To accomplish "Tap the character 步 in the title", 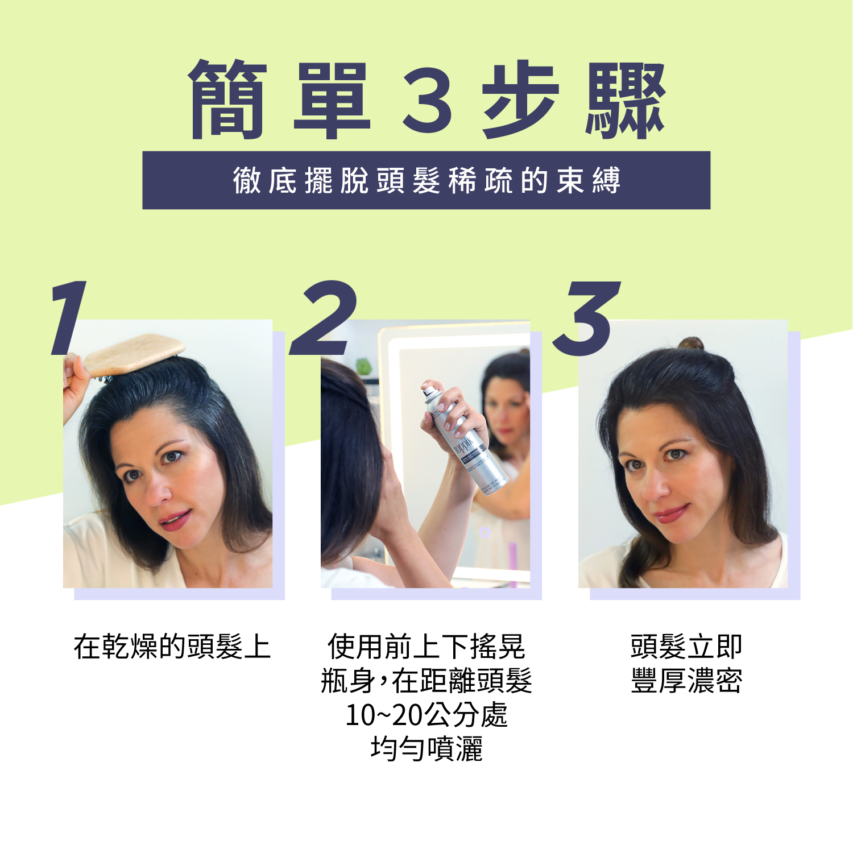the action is coord(520,100).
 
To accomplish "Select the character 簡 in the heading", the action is coord(227,100).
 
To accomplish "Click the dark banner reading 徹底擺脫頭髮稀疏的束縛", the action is coord(426,180).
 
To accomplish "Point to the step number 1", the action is coord(68,317).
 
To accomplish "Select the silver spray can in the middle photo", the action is coord(463,438).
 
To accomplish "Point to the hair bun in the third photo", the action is coord(690,343).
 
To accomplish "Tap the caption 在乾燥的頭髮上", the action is coord(172,647).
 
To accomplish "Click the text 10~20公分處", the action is coord(426,715).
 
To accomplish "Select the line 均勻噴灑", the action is coord(426,748).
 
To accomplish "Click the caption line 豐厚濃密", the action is coord(686,681).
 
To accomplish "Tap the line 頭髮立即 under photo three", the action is coord(686,647).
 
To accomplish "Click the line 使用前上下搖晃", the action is coord(426,647).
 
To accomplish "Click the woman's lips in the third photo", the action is coord(671,514).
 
